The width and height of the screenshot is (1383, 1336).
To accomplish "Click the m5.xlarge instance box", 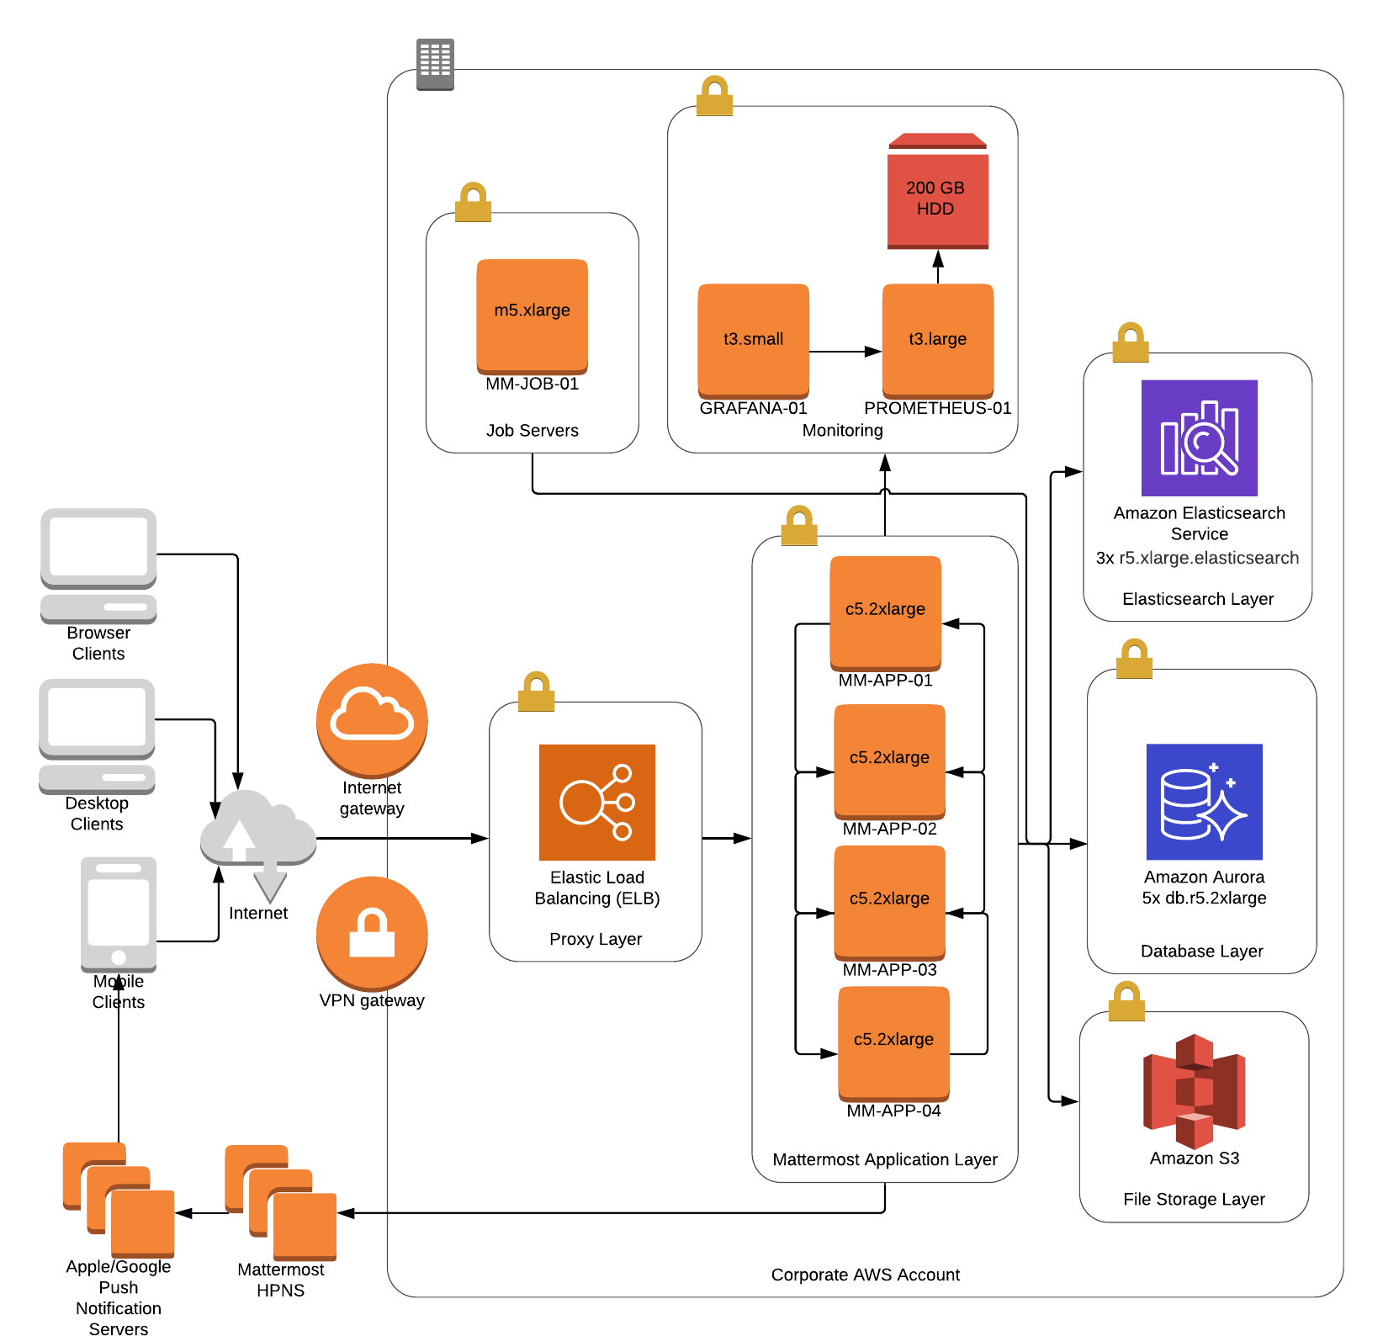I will tap(532, 316).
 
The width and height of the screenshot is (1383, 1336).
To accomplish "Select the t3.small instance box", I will tap(753, 341).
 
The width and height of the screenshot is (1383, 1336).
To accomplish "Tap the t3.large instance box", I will tap(937, 341).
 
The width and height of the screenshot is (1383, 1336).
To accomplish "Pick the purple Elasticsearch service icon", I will tap(1200, 437).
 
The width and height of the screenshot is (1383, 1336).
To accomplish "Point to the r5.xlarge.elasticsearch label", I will tap(1208, 558).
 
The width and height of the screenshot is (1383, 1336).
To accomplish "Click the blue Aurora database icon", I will tap(1204, 802).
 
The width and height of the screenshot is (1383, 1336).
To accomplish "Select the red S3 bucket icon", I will tap(1194, 1091).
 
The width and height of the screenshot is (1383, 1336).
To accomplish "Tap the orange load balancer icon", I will tap(597, 802).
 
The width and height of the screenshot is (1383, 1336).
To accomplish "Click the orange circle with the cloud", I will tap(372, 720).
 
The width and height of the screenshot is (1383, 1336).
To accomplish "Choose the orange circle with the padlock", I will tap(372, 933).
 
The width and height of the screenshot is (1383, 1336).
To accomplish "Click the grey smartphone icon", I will tap(119, 914).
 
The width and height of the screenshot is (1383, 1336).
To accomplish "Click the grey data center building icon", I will tap(435, 64).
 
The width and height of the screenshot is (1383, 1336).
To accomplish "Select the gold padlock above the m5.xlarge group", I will tap(473, 203).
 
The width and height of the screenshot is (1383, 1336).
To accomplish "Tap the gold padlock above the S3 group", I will tap(1126, 1001).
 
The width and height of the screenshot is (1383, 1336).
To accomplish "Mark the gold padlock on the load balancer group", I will tap(536, 692).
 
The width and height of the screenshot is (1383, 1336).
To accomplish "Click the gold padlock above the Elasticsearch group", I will tap(1130, 342).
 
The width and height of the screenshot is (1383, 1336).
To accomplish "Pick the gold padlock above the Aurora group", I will tap(1134, 659).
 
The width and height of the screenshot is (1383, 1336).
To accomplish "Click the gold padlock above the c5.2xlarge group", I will tap(798, 526).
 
